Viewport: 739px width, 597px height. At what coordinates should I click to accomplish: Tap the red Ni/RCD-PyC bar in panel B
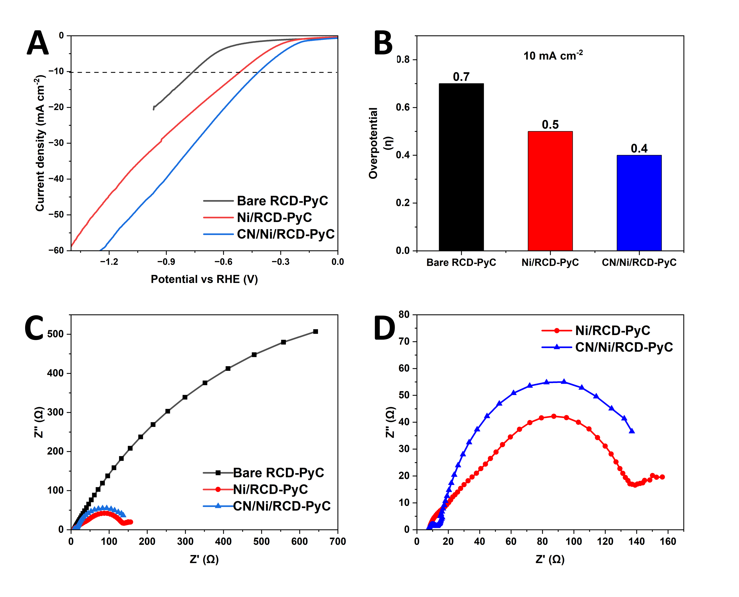(x=550, y=191)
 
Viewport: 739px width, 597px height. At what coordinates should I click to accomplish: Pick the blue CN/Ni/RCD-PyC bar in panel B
(x=639, y=203)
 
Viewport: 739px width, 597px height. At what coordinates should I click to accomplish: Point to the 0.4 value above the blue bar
(x=639, y=149)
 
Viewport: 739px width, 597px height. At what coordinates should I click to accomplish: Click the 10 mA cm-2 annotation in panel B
(x=553, y=55)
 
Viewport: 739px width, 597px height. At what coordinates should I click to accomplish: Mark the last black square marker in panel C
(x=315, y=332)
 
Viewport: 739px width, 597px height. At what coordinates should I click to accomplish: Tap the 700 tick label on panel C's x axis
(x=337, y=542)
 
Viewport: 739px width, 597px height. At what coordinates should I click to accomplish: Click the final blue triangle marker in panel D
(x=632, y=431)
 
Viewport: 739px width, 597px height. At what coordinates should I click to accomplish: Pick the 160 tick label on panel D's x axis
(x=668, y=542)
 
